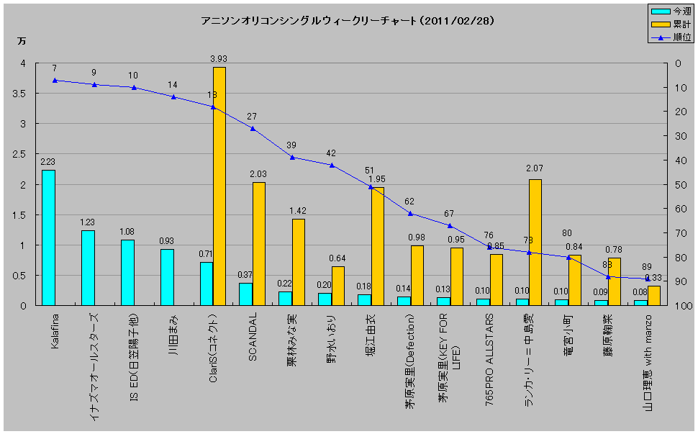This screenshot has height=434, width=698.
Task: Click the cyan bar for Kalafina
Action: (x=48, y=238)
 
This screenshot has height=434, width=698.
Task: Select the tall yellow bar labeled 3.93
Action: (x=219, y=186)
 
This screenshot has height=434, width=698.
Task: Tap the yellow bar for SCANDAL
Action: (x=258, y=243)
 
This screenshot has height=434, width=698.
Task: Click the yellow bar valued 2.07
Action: (x=535, y=242)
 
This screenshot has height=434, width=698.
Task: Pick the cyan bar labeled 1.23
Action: (x=88, y=268)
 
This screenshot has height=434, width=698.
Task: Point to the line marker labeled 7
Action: (x=55, y=80)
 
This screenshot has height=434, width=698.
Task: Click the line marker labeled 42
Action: (x=332, y=165)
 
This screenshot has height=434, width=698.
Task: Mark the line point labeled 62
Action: (x=410, y=213)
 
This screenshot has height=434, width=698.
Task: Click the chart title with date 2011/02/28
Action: (x=348, y=21)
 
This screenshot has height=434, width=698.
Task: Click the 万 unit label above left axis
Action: (x=20, y=41)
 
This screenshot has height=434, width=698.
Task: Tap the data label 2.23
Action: (x=48, y=162)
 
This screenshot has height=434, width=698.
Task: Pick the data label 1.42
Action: (x=298, y=211)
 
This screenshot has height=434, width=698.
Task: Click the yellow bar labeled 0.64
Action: (x=337, y=286)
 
